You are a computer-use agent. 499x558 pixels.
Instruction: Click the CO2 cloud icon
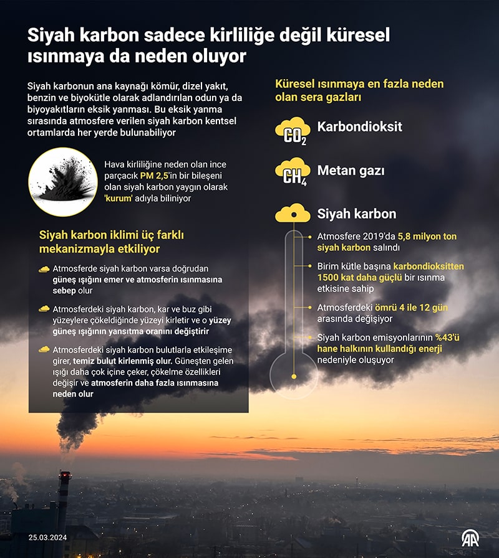293,131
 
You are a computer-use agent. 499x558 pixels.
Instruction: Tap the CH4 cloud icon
293,171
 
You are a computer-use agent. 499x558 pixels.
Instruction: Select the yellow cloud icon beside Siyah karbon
293,214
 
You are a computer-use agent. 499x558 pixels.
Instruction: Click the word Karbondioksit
359,127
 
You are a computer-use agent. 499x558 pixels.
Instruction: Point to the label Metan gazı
351,170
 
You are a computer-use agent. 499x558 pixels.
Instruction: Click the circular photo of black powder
62,182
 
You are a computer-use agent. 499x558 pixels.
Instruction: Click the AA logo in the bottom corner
470,537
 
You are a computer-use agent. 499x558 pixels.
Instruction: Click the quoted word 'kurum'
121,199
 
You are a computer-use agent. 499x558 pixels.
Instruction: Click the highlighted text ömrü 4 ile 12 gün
411,308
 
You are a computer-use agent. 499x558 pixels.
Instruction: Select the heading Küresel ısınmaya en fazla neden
359,84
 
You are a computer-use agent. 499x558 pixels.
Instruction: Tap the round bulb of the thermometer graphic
293,374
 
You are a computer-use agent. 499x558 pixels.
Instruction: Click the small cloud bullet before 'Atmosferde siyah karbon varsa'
44,269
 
